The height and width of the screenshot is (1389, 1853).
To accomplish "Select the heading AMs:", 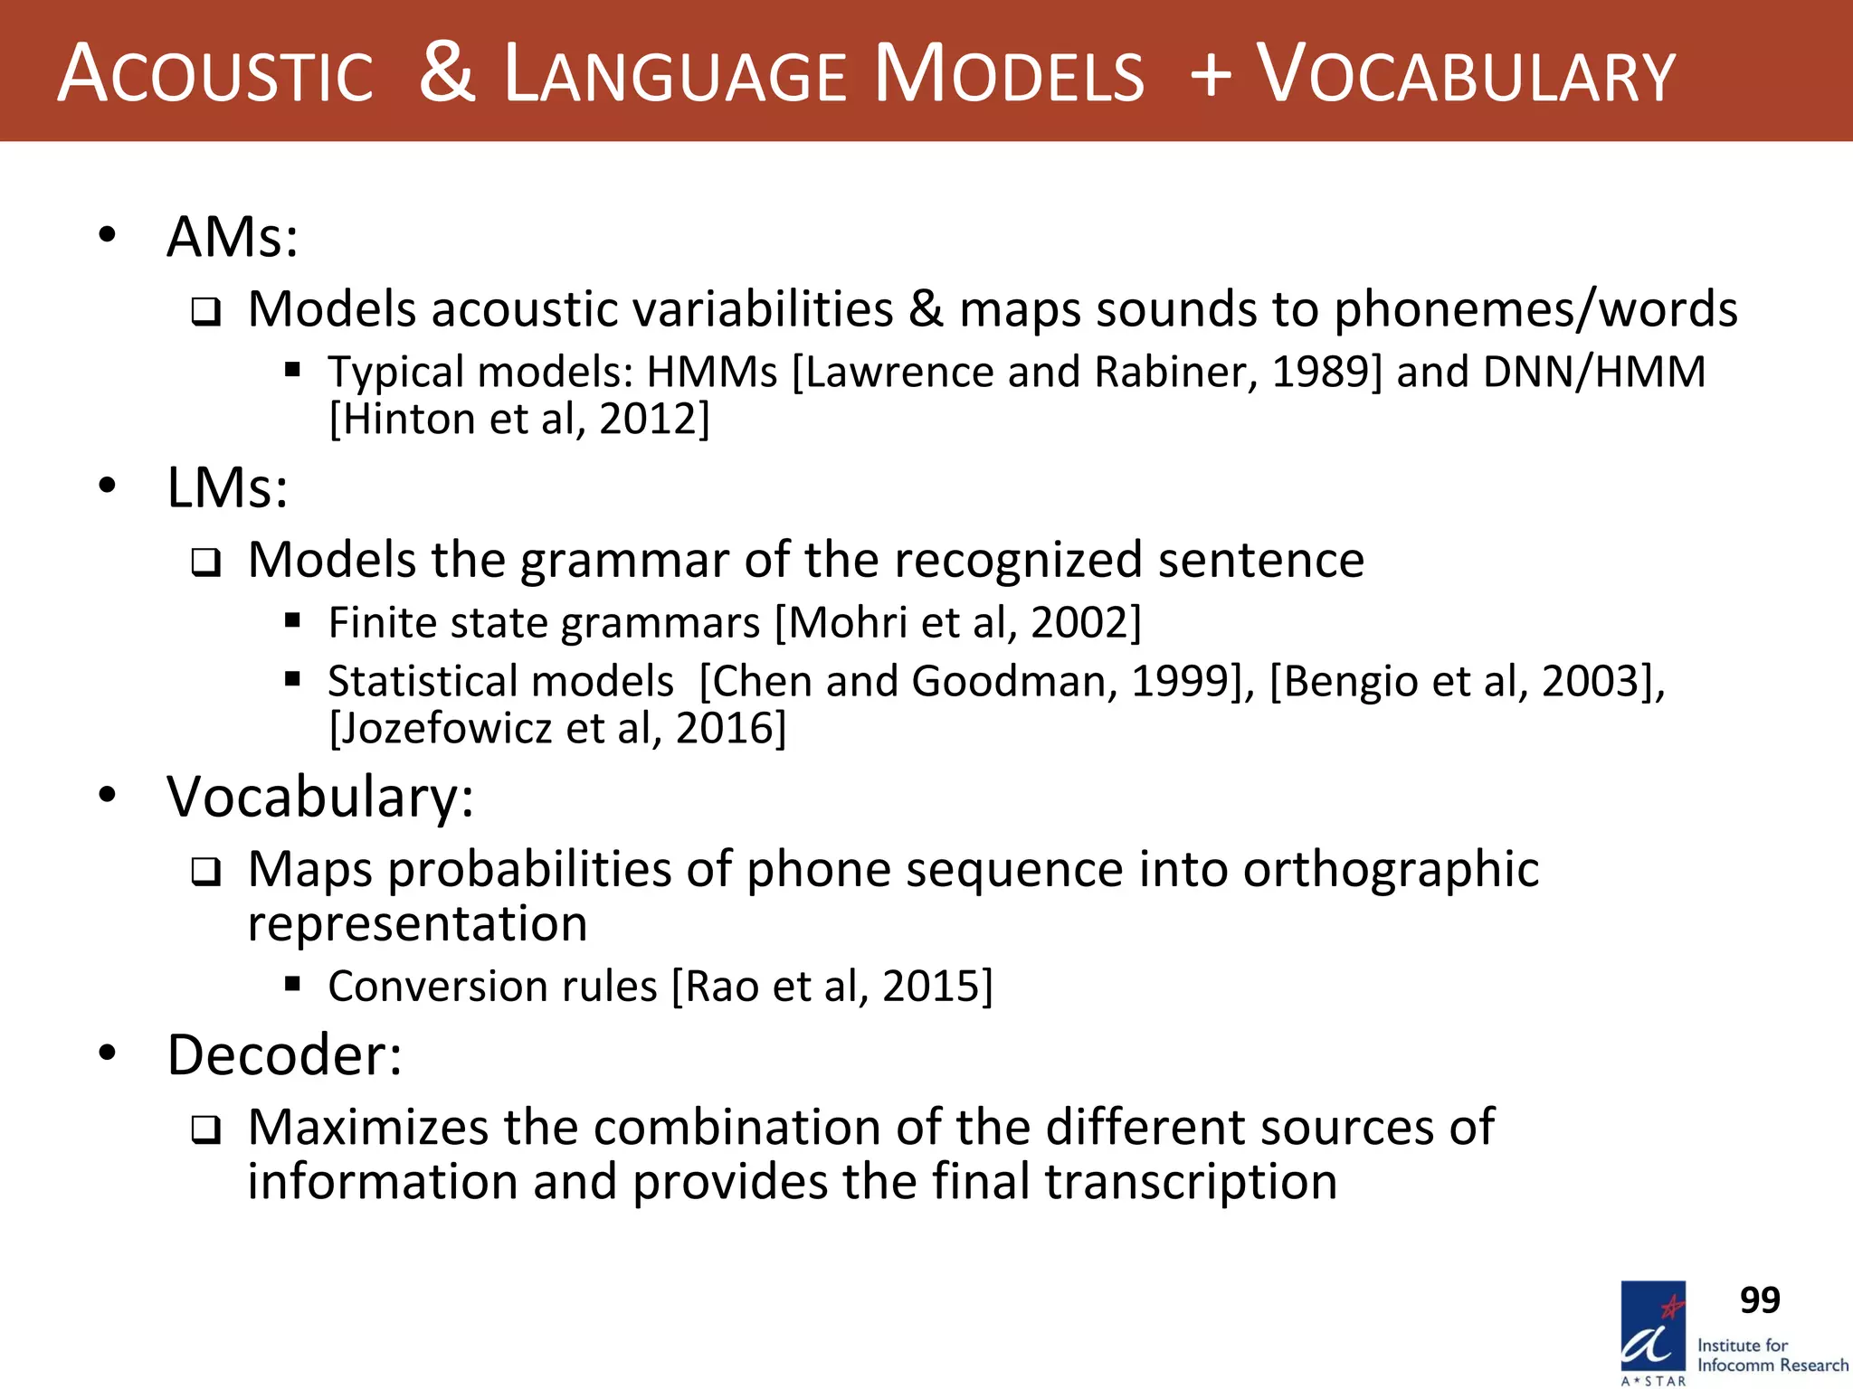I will pos(233,237).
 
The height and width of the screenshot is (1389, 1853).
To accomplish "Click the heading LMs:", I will pos(227,488).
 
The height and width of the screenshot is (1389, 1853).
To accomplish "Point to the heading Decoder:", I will pos(284,1054).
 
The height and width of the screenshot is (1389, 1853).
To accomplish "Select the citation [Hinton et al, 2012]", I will pos(519,419).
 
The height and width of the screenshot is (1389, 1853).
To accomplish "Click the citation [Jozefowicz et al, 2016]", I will pos(557,728).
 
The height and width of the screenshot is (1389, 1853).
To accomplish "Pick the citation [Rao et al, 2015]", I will pos(832,986).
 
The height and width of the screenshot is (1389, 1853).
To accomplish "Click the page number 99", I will pos(1760,1300).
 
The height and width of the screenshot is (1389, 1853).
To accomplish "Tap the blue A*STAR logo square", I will pos(1653,1328).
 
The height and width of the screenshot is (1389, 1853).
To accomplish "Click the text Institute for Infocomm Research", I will pos(1772,1356).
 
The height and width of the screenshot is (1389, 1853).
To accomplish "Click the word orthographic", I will pos(1391,869).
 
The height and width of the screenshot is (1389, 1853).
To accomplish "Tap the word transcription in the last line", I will pos(1191,1182).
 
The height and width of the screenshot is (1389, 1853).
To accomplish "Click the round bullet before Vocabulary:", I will pos(109,796).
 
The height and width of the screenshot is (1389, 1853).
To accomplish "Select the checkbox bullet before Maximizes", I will pos(205,1130).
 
